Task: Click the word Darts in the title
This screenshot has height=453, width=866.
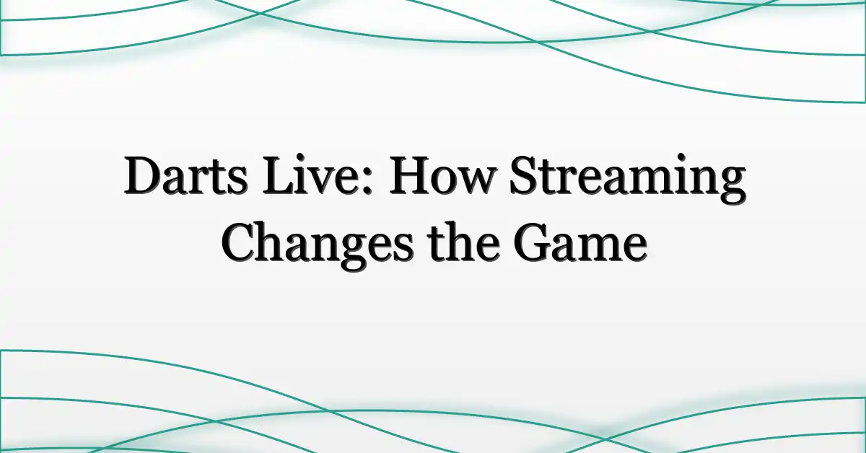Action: click(185, 175)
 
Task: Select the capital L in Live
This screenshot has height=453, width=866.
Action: click(279, 175)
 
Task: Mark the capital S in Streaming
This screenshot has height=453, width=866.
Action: click(524, 175)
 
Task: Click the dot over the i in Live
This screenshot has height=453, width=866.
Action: click(308, 159)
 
